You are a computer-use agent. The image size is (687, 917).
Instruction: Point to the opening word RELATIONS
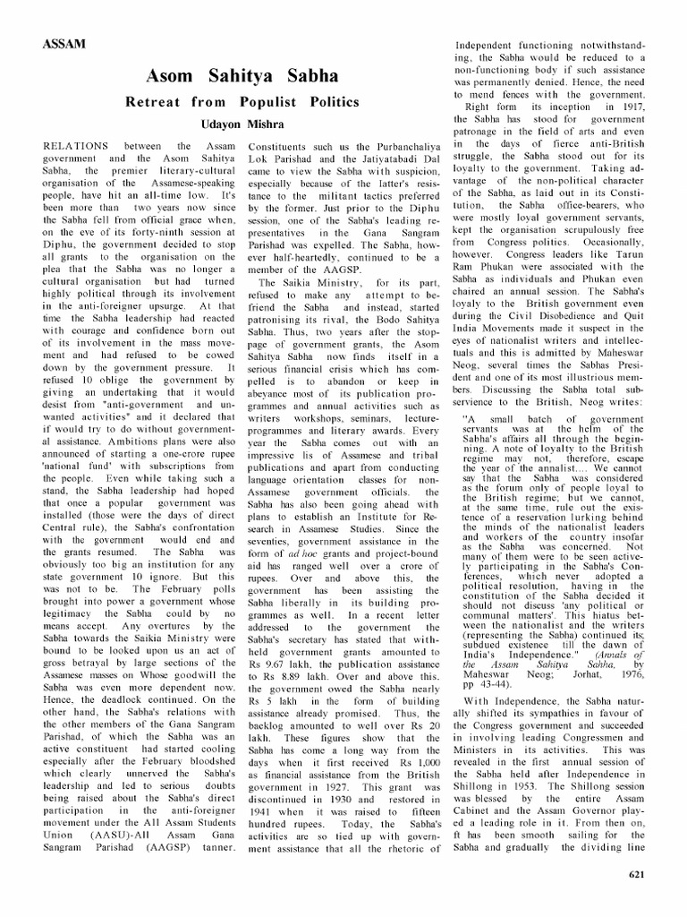tap(78, 145)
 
